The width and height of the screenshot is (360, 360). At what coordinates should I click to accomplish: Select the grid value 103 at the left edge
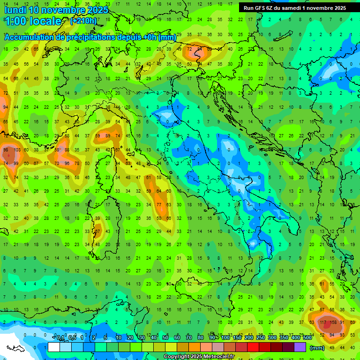[x=17, y=150]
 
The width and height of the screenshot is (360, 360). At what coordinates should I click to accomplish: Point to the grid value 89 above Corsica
[x=108, y=135]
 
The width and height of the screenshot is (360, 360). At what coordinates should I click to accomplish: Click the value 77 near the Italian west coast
[x=159, y=204]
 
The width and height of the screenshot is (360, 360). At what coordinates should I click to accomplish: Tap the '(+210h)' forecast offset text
[x=83, y=21]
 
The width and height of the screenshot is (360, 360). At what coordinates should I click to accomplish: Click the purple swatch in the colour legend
[x=300, y=347]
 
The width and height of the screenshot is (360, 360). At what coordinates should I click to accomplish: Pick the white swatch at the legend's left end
[x=54, y=347]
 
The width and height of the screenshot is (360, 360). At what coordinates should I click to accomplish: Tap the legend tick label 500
[x=307, y=338]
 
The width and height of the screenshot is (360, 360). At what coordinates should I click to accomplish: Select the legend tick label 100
[x=225, y=338]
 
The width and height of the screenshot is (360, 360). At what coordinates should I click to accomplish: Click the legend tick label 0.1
[x=60, y=338]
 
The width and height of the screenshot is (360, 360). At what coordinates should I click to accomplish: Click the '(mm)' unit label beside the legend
[x=317, y=347]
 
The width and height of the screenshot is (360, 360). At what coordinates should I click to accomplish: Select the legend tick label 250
[x=260, y=338]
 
